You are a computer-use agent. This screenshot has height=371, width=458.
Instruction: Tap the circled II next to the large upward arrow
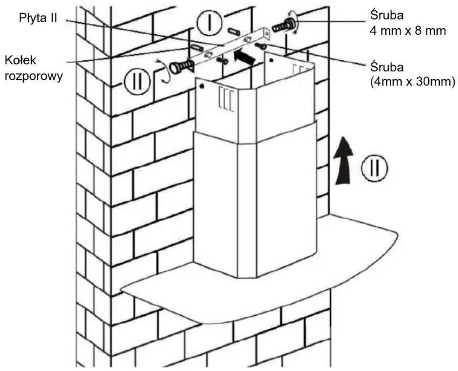tap(374, 168)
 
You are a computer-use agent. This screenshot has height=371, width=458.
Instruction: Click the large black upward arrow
tap(343, 161)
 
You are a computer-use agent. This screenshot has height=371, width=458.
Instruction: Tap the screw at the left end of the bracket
tap(182, 67)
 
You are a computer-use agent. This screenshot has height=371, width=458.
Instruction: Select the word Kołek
tap(20, 60)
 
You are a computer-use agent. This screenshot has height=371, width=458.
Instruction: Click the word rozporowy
tap(34, 76)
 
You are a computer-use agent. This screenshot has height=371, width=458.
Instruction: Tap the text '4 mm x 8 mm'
tap(408, 31)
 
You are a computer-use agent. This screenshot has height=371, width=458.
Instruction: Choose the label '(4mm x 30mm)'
tap(412, 82)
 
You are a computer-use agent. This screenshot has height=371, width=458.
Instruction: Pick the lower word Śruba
tap(387, 67)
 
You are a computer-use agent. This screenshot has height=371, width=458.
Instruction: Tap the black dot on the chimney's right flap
tap(272, 61)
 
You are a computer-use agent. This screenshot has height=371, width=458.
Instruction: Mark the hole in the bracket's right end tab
tap(267, 34)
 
